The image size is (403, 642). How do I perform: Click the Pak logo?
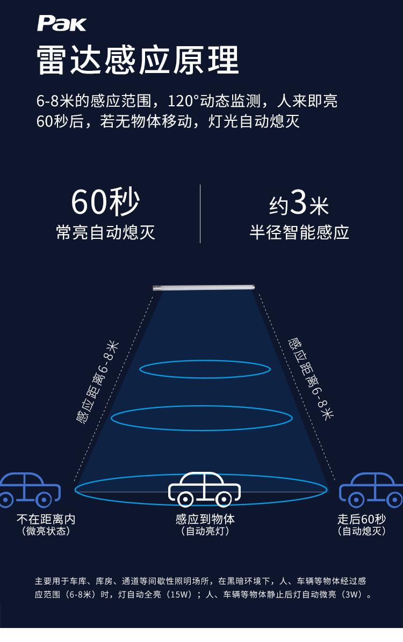pos(61,23)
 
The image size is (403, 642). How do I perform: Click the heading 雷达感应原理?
pos(138,60)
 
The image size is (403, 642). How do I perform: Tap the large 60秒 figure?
pos(105,202)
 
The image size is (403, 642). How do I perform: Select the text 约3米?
pos(299,204)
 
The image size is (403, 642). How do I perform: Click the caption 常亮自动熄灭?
pos(105,232)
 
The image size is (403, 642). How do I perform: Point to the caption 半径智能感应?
pos(299,232)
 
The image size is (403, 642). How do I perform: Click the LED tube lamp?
pos(203,288)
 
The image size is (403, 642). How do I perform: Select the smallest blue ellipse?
pos(205,369)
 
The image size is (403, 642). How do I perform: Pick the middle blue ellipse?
pos(201,417)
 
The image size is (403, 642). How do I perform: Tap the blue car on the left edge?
pos(27,490)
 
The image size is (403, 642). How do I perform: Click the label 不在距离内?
pos(46,519)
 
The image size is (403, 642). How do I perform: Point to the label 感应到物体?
pos(205,519)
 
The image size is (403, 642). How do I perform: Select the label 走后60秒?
pos(362,519)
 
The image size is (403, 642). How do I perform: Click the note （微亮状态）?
pos(46,531)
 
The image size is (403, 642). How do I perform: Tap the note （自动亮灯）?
pos(205,531)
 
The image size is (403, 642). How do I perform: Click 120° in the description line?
pos(183,101)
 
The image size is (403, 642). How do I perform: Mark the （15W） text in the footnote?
pos(178,595)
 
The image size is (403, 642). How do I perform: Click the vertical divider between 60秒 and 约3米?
pos(200,214)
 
